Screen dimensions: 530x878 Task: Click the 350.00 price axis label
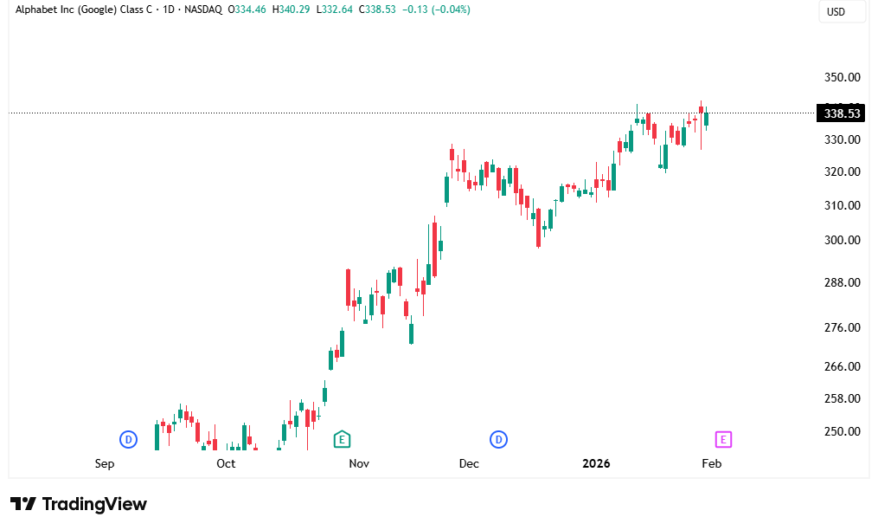[x=842, y=77]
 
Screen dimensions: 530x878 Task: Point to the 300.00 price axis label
[x=842, y=240]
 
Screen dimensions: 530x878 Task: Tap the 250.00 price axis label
[x=842, y=431]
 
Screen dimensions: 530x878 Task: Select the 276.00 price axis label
[x=842, y=327]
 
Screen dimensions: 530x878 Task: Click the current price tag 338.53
[x=842, y=113]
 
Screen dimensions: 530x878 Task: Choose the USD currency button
[x=836, y=12]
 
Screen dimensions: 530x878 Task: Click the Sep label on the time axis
[x=105, y=463]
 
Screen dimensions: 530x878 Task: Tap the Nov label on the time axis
[x=359, y=463]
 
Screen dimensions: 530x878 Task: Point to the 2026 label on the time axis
[x=596, y=463]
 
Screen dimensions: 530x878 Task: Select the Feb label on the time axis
[x=711, y=463]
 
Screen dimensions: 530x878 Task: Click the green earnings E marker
[x=342, y=439]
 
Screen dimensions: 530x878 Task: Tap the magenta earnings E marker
[x=724, y=439]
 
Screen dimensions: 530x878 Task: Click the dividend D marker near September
[x=128, y=439]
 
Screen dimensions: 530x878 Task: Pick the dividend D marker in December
[x=498, y=439]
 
